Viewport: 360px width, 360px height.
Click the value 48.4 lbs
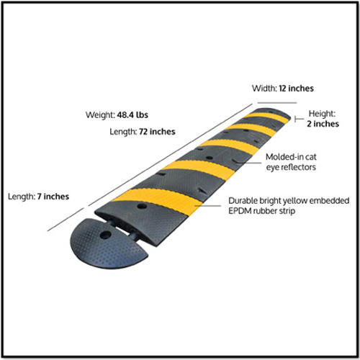tap(132, 115)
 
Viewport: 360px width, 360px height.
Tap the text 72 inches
tap(157, 132)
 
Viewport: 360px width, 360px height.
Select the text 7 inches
tap(53, 197)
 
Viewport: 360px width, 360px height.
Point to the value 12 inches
tap(296, 89)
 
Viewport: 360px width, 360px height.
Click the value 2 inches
tap(323, 124)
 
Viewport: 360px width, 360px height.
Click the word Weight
tap(100, 115)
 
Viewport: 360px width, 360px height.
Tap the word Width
tap(264, 89)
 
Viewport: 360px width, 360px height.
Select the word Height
tap(322, 114)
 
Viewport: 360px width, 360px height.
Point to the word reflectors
tap(298, 167)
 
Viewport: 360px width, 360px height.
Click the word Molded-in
tap(282, 157)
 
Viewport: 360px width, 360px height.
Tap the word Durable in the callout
tap(243, 201)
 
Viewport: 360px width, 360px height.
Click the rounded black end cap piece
tap(108, 247)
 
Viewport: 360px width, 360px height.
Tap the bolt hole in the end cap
tap(105, 235)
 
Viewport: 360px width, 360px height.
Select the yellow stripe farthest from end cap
tap(266, 117)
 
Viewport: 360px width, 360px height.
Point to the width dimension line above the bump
tap(277, 103)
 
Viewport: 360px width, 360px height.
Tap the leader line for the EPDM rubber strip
tap(207, 206)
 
